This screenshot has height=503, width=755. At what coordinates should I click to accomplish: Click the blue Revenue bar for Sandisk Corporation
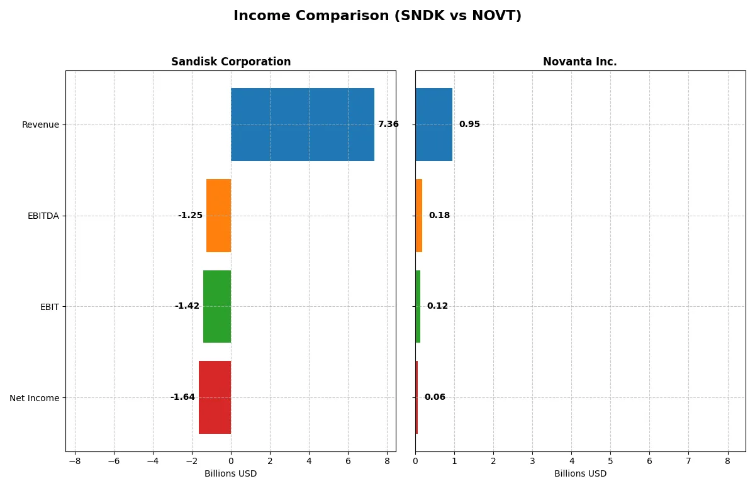(302, 124)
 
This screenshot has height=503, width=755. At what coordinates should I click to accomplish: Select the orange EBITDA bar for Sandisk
(218, 216)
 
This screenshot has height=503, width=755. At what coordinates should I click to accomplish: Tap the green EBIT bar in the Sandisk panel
(217, 306)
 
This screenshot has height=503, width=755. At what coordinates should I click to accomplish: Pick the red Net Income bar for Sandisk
(215, 397)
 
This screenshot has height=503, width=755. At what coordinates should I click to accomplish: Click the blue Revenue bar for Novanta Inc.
(433, 124)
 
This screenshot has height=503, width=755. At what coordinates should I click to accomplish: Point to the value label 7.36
(388, 124)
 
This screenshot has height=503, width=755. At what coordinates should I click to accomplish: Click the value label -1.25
(190, 216)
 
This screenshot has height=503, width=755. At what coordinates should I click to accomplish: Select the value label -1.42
(187, 306)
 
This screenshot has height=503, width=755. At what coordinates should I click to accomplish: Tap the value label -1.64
(182, 397)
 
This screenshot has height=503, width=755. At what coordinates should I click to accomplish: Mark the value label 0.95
(469, 124)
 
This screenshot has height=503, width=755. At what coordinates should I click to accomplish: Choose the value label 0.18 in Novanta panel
(439, 216)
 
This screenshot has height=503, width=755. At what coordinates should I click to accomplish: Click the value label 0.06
(435, 397)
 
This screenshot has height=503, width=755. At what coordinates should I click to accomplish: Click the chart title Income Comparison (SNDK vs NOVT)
(377, 16)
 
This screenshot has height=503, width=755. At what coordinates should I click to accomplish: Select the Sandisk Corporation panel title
(231, 62)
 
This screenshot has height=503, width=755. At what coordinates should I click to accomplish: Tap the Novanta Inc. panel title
(579, 62)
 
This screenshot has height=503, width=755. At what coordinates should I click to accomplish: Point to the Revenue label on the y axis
(40, 124)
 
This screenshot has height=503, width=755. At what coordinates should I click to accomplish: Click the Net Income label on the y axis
(35, 398)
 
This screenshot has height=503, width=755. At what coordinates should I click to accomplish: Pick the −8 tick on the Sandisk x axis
(75, 461)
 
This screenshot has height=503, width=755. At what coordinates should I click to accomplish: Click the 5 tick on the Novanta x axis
(610, 461)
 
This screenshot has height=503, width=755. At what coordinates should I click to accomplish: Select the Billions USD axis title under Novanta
(580, 474)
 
